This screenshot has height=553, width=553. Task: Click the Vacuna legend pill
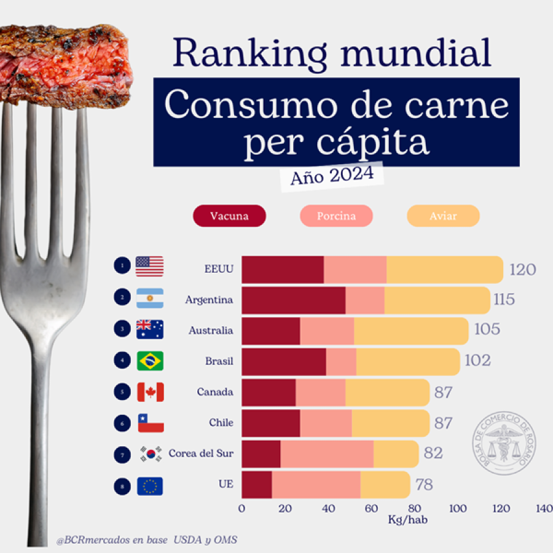pyautogui.click(x=229, y=216)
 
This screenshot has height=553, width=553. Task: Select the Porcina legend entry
pyautogui.click(x=336, y=216)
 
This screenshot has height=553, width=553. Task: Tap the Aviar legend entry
pyautogui.click(x=443, y=216)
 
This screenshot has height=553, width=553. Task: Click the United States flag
pyautogui.click(x=150, y=266)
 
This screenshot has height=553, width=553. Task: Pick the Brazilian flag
pyautogui.click(x=150, y=361)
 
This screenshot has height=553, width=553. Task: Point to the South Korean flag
pyautogui.click(x=150, y=454)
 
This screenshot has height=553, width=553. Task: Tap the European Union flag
pyautogui.click(x=150, y=486)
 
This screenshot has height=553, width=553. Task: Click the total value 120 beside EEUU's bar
pyautogui.click(x=522, y=270)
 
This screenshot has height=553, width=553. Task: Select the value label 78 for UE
pyautogui.click(x=424, y=485)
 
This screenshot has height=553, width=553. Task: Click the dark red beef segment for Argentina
pyautogui.click(x=293, y=300)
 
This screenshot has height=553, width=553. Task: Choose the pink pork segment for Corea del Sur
pyautogui.click(x=327, y=454)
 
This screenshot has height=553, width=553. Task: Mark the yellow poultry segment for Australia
pyautogui.click(x=411, y=331)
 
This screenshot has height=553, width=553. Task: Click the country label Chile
pyautogui.click(x=221, y=423)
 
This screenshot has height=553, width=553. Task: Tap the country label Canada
pyautogui.click(x=215, y=392)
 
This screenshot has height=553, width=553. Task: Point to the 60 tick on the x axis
pyautogui.click(x=371, y=508)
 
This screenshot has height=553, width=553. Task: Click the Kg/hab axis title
pyautogui.click(x=407, y=520)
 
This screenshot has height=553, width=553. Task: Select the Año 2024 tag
pyautogui.click(x=332, y=176)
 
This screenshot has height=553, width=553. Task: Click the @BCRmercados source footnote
pyautogui.click(x=146, y=540)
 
